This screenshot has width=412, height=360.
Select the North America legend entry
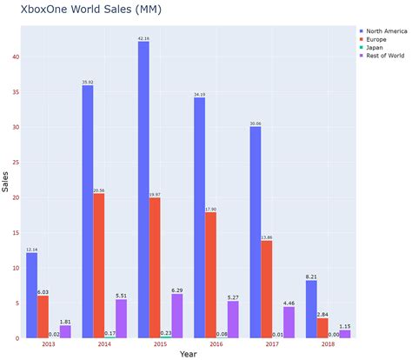coord(384,30)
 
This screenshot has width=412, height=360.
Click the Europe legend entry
coord(376,39)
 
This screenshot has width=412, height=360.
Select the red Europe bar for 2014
coord(99,265)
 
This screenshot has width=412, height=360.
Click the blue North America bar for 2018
coord(310,309)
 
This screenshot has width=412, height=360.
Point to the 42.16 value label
coord(143,38)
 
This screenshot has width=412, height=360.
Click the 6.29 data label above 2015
coord(177,290)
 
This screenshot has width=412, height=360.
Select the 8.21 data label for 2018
coord(310,277)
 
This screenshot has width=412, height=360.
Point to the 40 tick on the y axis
coord(14,57)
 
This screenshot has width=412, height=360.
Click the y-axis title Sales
coord(5,182)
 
